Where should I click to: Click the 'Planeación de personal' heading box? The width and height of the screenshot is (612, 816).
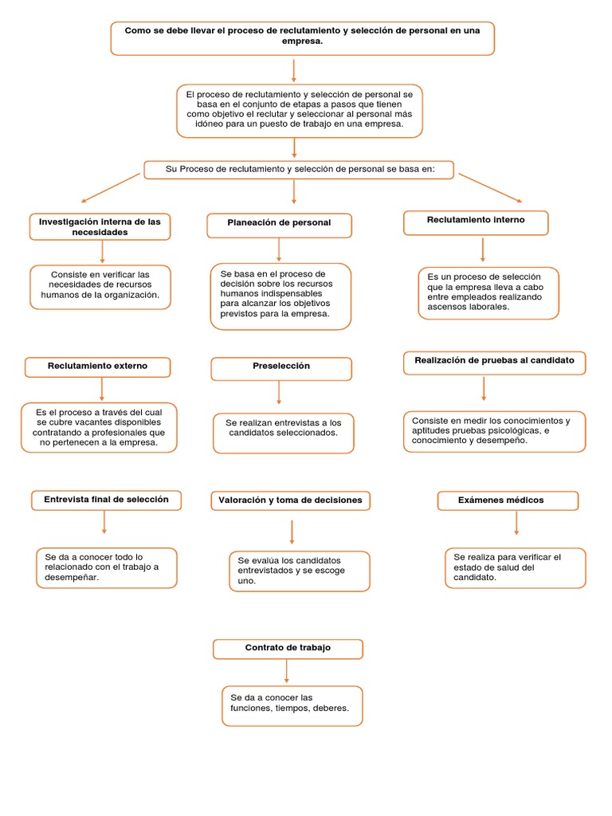[x=279, y=225]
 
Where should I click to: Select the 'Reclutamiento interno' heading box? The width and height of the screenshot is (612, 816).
[x=476, y=222]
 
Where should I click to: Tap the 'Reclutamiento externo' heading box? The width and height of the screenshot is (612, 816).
[x=97, y=367]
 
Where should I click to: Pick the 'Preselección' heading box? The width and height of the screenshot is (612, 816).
[x=280, y=367]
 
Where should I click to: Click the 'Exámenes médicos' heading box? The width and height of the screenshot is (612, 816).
[x=508, y=500]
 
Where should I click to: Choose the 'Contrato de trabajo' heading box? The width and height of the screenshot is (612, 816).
[x=288, y=649]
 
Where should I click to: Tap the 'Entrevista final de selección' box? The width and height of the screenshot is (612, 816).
[x=106, y=500]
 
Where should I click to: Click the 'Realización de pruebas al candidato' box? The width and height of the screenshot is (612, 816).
[x=494, y=362]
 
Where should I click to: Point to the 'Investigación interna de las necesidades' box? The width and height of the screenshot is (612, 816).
[x=100, y=227]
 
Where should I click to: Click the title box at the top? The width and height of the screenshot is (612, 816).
[x=302, y=37]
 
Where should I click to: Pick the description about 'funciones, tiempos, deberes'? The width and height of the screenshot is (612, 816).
[x=292, y=705]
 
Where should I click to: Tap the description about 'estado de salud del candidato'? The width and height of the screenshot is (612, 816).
[x=515, y=567]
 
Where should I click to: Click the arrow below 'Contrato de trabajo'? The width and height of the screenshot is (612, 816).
[x=287, y=672]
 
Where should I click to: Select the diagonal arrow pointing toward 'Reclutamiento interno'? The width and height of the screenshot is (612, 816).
[x=490, y=187]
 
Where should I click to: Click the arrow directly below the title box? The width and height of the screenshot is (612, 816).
[x=294, y=69]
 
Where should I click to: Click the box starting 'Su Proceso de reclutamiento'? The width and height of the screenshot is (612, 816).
[x=298, y=170]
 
